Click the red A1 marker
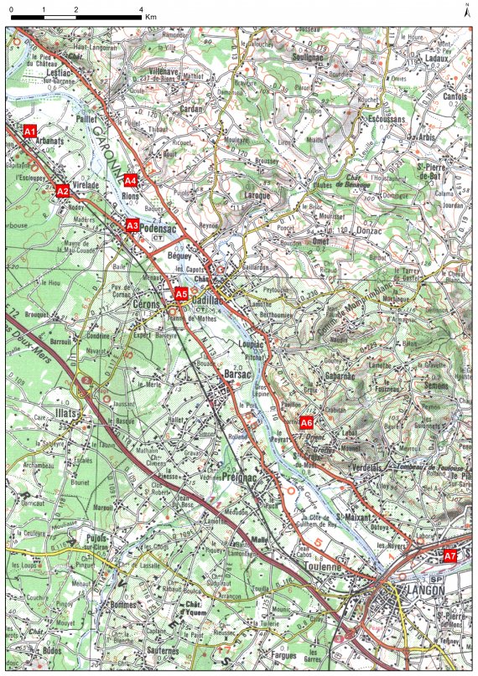tap(30, 132)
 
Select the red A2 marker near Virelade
tap(62, 191)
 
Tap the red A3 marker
tap(132, 225)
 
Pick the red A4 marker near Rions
tap(131, 180)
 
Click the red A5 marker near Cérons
tap(181, 294)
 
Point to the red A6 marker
tap(307, 422)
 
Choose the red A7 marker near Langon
tap(450, 555)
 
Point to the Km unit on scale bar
tap(151, 17)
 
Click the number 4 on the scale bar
tap(140, 8)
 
